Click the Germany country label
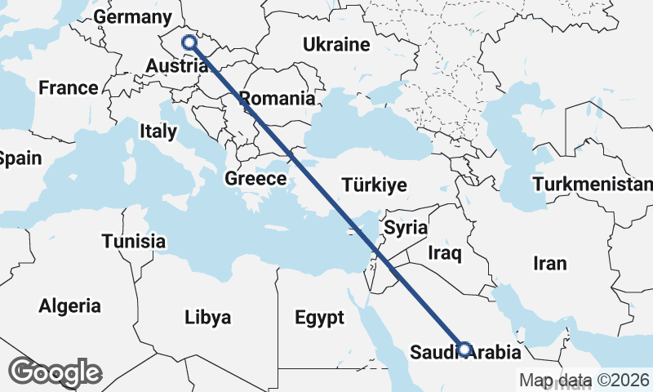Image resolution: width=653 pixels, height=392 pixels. (133, 17)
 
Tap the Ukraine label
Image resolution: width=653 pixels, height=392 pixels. (336, 44)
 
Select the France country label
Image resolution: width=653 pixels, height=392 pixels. (69, 88)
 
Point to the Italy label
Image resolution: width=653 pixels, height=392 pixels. (158, 131)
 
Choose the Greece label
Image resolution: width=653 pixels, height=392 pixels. (255, 179)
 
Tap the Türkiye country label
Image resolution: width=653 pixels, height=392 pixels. (375, 185)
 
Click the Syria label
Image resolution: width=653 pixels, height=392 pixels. (406, 227)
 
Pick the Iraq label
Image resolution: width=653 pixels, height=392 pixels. (445, 253)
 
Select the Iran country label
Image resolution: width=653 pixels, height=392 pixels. (549, 264)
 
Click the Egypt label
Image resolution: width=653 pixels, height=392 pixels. (319, 318)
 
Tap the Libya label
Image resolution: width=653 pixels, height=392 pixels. (207, 317)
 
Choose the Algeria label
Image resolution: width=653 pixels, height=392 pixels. (69, 306)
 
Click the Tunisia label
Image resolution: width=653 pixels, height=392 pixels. (134, 241)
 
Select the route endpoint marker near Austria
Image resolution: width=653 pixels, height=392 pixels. (189, 42)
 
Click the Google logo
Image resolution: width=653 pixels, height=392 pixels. (56, 372)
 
